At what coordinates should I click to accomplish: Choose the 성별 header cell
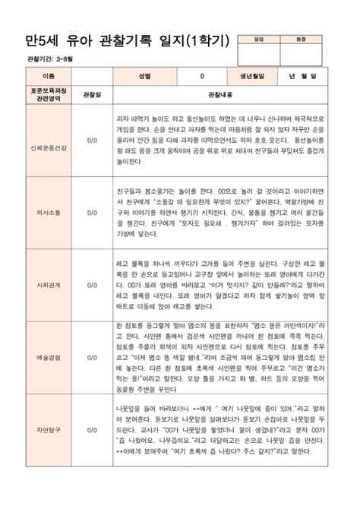(x=144, y=77)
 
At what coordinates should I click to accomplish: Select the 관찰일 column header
(x=92, y=95)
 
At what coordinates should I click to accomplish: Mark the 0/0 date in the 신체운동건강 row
(x=92, y=141)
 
